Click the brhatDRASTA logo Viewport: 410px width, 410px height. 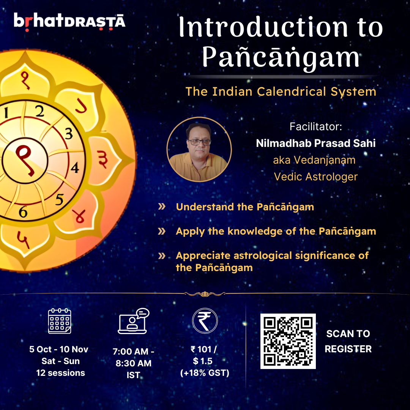69,20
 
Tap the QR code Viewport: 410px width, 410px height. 288,341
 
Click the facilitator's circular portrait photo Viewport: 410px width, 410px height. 199,149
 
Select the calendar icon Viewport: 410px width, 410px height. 60,321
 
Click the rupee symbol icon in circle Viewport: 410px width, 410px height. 205,321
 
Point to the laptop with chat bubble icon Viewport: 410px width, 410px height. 133,322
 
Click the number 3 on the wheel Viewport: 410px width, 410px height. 69,134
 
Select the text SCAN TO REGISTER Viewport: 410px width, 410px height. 348,341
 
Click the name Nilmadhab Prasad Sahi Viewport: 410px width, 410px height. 316,143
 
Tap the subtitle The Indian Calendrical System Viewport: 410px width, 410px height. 281,91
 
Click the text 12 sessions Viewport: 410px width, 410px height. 60,373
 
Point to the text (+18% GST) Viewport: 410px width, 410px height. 205,373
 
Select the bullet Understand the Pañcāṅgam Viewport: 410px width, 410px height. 245,207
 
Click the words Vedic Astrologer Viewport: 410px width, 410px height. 316,177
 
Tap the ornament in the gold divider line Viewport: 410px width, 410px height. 205,293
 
